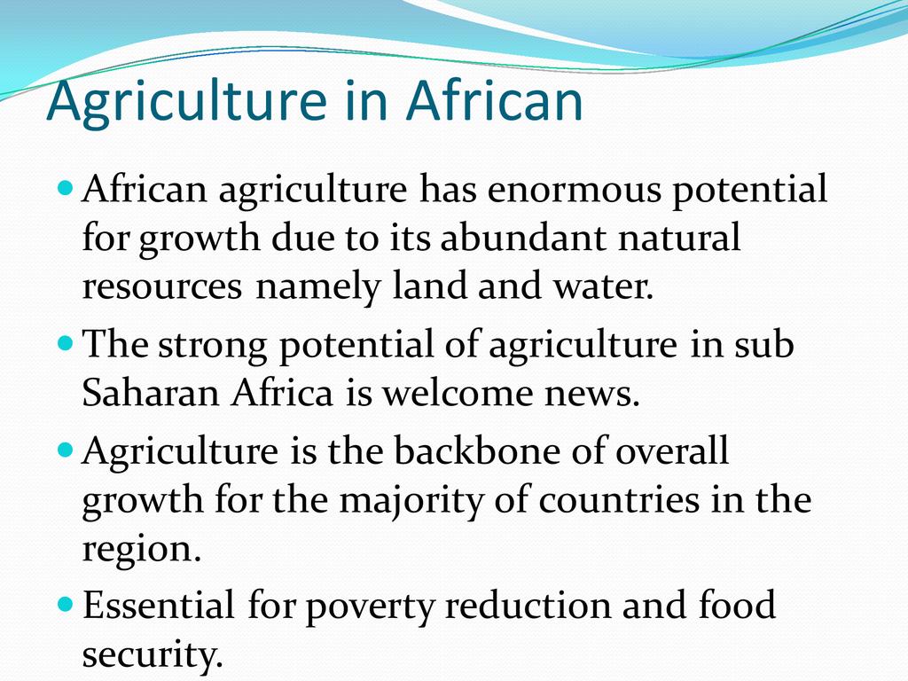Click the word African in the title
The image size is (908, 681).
click(x=494, y=99)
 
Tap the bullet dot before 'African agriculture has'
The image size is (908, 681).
click(x=67, y=188)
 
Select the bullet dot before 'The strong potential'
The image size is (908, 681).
click(x=67, y=343)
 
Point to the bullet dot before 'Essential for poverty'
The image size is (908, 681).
click(x=67, y=605)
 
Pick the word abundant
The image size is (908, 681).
click(x=523, y=238)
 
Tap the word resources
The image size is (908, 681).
click(x=162, y=286)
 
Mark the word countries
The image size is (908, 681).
click(x=619, y=500)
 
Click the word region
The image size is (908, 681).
click(x=142, y=551)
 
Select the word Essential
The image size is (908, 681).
click(x=159, y=605)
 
